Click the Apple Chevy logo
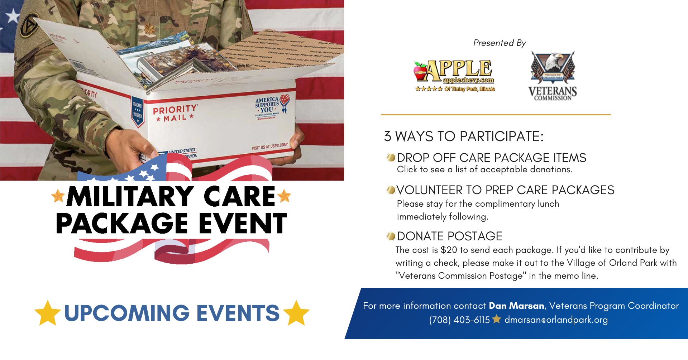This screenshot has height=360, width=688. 454,76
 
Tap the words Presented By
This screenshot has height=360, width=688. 499,43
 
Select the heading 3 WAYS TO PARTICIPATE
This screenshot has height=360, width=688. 464,136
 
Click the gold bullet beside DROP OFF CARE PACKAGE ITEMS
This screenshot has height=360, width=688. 391,158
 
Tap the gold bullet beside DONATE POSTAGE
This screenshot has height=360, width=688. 391,236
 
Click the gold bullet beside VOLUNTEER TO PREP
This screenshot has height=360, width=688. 391,190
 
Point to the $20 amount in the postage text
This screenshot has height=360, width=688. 449,250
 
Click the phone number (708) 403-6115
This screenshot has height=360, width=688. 459,320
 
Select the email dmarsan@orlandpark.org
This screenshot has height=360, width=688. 556,320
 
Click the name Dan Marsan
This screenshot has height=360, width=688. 516,306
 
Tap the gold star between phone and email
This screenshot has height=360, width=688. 497,319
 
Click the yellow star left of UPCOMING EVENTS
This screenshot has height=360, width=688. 48,313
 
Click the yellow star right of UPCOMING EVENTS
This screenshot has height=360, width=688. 296,313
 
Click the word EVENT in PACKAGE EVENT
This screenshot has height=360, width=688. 243,224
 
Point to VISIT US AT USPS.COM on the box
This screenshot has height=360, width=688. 269,147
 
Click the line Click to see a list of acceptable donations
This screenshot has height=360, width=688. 484,169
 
